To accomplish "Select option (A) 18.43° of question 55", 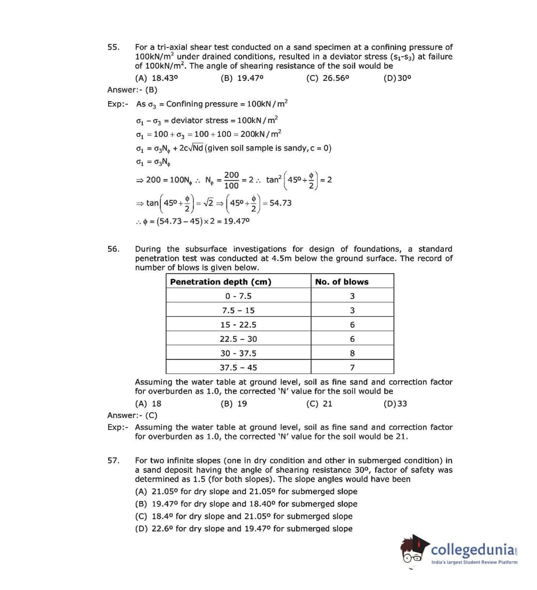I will click(x=157, y=78).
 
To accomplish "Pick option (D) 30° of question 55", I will click(x=397, y=78).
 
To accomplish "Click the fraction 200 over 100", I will click(x=231, y=180).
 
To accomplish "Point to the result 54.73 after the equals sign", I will click(x=281, y=203).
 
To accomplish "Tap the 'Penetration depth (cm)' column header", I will click(x=221, y=282).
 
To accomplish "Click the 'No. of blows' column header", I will click(x=341, y=282).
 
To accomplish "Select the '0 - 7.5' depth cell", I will click(x=238, y=296).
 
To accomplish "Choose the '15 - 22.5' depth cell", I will click(x=238, y=324).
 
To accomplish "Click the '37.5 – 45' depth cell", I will click(x=238, y=367).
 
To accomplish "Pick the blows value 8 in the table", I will click(x=352, y=353).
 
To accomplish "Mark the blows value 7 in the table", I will click(x=352, y=367).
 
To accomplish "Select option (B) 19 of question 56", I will click(x=234, y=404).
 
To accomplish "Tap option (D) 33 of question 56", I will click(x=395, y=404).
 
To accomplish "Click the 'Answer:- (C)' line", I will click(x=132, y=415).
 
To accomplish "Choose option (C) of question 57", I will click(x=243, y=516).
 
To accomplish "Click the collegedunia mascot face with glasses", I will click(x=414, y=552).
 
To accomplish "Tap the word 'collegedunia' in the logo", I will click(x=471, y=550).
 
